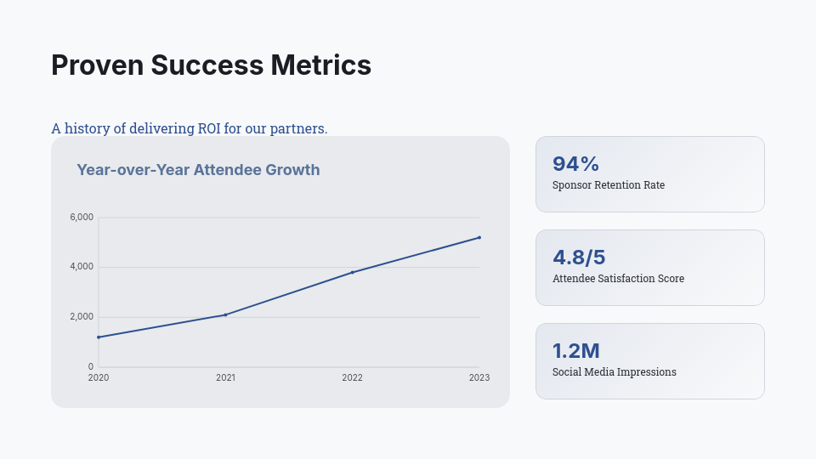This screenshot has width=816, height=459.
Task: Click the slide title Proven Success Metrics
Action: pos(211,65)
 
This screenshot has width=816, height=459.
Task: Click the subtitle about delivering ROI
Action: pos(189,128)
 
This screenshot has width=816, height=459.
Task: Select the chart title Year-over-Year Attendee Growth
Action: pos(198,170)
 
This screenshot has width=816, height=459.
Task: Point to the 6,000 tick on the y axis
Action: pos(82,218)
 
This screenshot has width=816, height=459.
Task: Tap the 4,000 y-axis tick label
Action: pos(82,267)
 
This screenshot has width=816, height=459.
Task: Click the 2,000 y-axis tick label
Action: pos(82,317)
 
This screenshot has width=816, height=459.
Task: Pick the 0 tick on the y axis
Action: pos(91,367)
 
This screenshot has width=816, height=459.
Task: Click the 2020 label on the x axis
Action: pos(99,378)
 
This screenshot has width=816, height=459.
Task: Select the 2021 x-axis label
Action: pos(225,378)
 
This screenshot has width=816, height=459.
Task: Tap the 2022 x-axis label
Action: pos(352,378)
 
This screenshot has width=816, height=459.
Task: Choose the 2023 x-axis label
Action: pos(479,378)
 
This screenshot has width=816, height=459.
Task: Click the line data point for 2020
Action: pos(99,337)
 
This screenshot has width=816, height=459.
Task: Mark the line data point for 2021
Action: pos(225,314)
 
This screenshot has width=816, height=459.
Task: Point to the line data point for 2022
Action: pos(352,272)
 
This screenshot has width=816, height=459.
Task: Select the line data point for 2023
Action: pos(479,237)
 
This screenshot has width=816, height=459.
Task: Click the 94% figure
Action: pos(575,164)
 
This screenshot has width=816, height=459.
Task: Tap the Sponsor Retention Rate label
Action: pos(609,185)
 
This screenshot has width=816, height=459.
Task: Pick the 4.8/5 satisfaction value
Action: pos(579,258)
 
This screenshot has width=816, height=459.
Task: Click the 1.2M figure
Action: pos(576,351)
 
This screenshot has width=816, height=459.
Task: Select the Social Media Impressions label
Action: pos(615,372)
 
